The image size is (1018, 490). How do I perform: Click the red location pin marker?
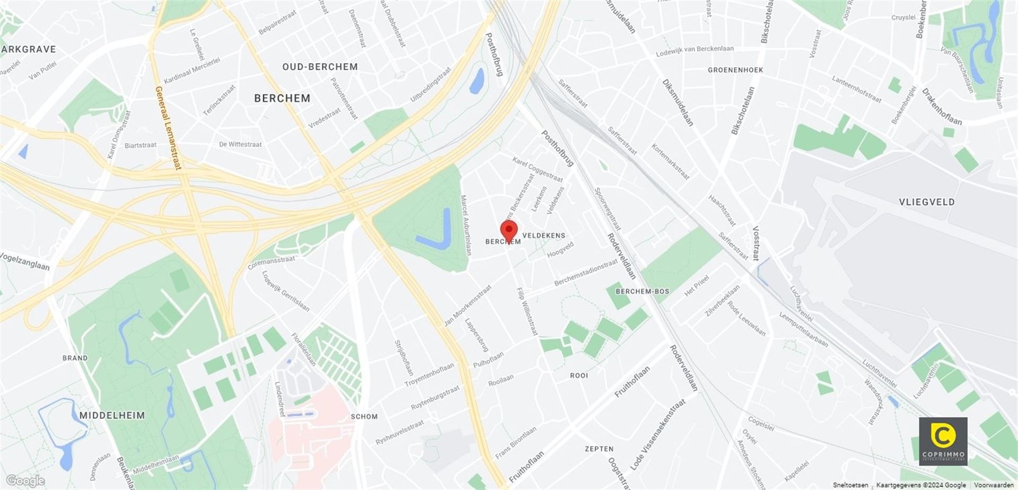[509, 231]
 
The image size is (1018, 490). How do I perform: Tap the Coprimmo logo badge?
[943, 441]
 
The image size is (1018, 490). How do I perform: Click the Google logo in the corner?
[25, 481]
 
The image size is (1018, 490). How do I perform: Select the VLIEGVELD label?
[926, 202]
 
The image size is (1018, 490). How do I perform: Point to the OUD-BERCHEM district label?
[320, 67]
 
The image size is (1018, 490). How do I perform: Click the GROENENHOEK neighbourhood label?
[735, 70]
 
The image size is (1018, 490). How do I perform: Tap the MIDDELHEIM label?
[112, 415]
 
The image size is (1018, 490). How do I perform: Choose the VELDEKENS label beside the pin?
[543, 235]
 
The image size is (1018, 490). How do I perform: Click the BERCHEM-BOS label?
[642, 291]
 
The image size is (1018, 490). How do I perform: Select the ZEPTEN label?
[599, 449]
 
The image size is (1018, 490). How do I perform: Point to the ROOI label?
[579, 375]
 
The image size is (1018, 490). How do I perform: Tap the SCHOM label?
[364, 416]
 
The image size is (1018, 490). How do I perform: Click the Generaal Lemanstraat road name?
[168, 128]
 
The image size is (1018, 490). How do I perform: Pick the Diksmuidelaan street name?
[677, 102]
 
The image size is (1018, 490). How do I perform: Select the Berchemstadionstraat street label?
[586, 273]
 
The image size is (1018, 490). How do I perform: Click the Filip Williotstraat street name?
[527, 311]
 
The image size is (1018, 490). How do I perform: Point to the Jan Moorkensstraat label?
[468, 306]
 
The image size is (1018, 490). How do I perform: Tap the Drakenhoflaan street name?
[941, 107]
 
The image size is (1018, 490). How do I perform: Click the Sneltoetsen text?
[850, 485]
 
